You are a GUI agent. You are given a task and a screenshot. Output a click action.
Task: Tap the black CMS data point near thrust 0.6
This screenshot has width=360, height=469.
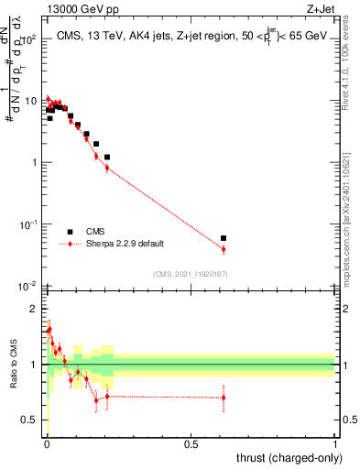224,238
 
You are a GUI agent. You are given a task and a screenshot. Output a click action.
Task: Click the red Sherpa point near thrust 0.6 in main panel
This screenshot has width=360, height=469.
224,249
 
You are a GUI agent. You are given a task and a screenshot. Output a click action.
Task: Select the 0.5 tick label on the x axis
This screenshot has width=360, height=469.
191,444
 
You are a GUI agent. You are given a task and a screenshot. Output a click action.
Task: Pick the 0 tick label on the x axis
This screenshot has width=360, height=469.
46,444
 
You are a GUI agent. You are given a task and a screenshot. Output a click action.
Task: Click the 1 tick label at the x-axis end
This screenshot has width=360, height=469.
335,444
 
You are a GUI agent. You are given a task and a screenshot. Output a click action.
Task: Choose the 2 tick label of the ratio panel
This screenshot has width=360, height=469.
38,309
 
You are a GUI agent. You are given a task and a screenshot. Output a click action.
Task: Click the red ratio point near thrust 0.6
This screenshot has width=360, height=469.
224,397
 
